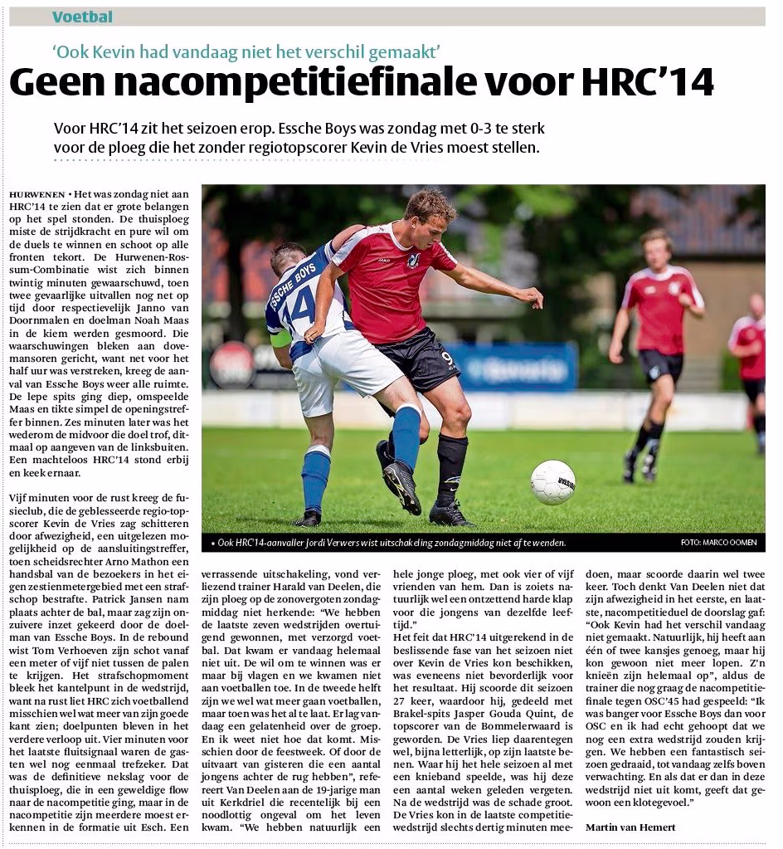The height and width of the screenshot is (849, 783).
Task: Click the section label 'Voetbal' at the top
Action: tap(82, 17)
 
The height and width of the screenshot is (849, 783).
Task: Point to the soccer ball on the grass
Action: tap(552, 482)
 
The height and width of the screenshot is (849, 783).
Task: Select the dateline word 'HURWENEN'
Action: tap(35, 193)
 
